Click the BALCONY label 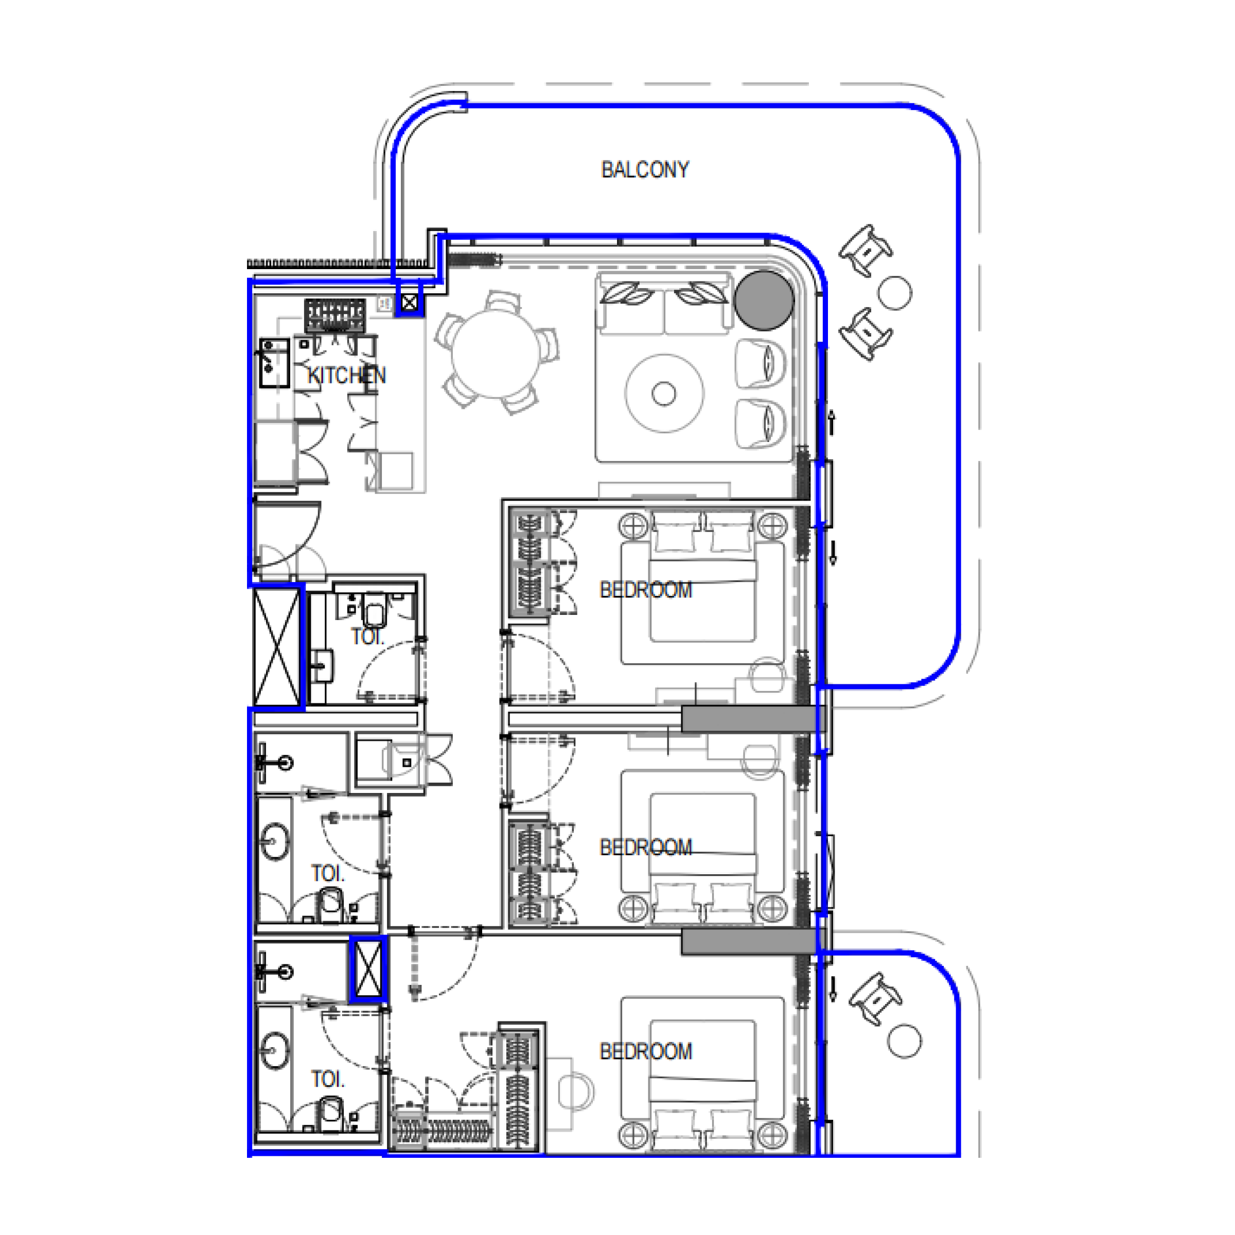coord(644,169)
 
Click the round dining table coord(496,355)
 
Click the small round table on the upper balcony coord(894,293)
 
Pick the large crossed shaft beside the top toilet coord(276,646)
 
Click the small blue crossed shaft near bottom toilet coord(369,969)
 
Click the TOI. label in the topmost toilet coord(366,637)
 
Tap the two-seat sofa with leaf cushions coord(663,305)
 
